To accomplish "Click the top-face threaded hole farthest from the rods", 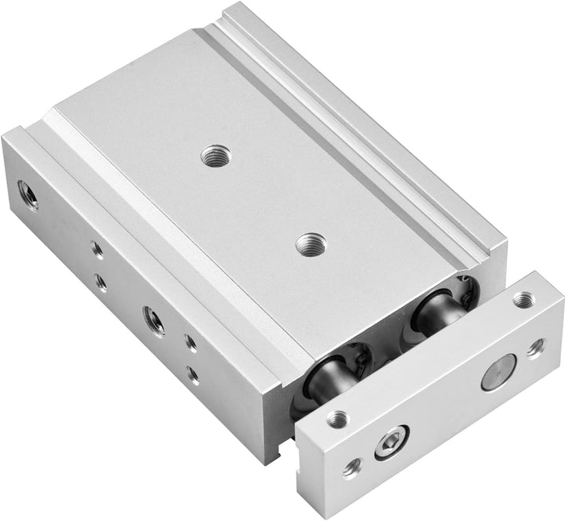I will click(x=212, y=157).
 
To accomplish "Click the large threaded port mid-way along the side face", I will click(x=154, y=320).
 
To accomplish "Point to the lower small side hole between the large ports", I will click(x=101, y=281).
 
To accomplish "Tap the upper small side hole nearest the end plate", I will click(x=190, y=343).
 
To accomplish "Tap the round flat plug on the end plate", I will click(x=498, y=371).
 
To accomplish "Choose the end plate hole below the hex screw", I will click(x=351, y=469).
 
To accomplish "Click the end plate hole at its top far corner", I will click(x=523, y=300).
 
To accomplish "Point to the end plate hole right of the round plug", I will click(x=536, y=347).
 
